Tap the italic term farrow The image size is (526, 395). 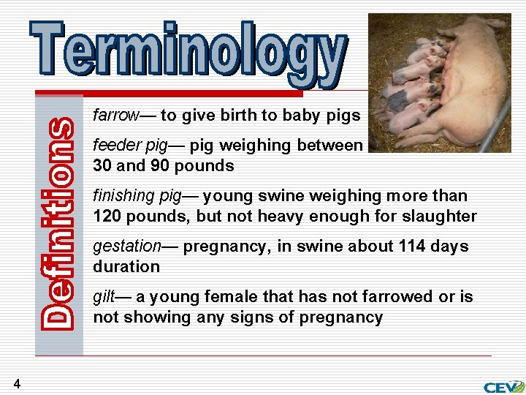coord(115,116)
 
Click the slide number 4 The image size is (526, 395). coord(16,383)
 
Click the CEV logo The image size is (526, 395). coord(503,386)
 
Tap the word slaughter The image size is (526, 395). coord(443,217)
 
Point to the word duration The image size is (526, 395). coord(126,267)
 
